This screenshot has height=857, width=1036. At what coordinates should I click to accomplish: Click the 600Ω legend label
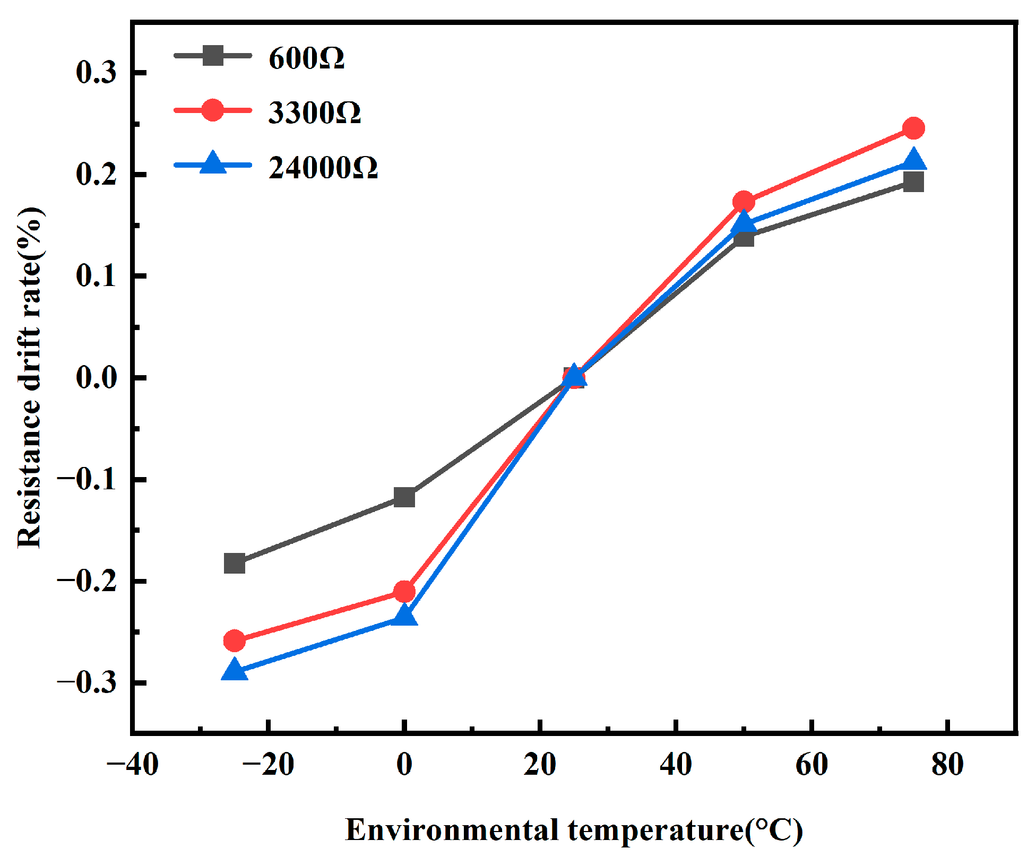coord(306,58)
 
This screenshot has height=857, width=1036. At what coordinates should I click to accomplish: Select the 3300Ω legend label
coord(314,112)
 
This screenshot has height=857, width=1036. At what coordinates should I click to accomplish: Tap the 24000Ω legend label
coord(323,168)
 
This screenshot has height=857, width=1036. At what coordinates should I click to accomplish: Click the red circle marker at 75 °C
coord(913,128)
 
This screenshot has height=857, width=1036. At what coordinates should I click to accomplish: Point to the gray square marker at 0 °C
coord(404,497)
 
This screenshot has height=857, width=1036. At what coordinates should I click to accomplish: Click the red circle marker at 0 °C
coord(404,591)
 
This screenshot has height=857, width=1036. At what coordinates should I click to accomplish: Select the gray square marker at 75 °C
coord(913,182)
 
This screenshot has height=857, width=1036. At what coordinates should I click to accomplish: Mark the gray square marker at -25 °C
coord(235,563)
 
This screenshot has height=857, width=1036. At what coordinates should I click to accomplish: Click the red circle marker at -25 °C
coord(235,641)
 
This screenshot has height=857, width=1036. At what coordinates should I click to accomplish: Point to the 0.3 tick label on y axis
coord(96,73)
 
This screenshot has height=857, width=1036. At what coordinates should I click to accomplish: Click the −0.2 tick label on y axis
coord(87,581)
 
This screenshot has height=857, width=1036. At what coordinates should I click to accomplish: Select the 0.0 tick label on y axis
coord(96,378)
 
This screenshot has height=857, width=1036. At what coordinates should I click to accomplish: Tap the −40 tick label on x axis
coord(132,765)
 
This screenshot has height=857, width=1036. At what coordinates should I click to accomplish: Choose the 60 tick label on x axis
coord(811,765)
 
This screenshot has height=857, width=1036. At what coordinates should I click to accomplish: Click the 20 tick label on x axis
coord(540,765)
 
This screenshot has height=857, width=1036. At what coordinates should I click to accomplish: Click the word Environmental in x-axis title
coord(452,830)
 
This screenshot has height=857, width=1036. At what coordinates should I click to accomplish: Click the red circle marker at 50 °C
coord(744,202)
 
